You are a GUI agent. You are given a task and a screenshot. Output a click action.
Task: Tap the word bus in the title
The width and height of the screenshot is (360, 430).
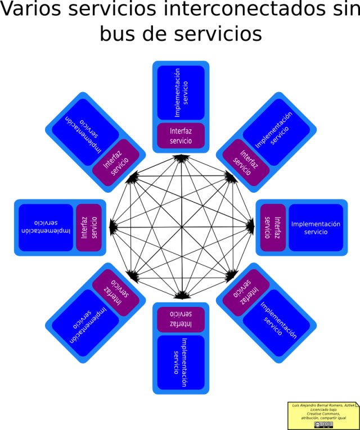click(121, 33)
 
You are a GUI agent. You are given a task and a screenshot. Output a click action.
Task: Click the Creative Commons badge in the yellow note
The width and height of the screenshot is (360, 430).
click(323, 424)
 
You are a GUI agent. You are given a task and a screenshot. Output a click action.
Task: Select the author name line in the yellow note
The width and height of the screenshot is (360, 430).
click(323, 405)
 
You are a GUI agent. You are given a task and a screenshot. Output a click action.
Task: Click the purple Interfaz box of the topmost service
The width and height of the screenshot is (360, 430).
click(181, 135)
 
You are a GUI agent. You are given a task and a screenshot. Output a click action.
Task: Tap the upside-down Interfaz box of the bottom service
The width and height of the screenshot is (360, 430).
click(181, 319)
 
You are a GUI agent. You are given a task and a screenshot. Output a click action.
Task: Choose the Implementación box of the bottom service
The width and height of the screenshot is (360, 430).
click(181, 362)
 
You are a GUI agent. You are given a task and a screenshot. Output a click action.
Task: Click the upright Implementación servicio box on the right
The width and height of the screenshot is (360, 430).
click(316, 228)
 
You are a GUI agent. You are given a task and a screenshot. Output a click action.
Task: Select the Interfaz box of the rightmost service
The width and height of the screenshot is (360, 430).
click(273, 228)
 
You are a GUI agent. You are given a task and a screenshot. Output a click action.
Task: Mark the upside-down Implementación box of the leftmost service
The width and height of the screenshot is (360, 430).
click(46, 228)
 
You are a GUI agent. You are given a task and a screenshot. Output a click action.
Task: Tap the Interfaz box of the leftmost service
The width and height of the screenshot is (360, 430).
click(89, 228)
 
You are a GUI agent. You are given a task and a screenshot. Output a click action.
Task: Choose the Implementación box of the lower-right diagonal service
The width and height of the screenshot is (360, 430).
click(276, 323)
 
